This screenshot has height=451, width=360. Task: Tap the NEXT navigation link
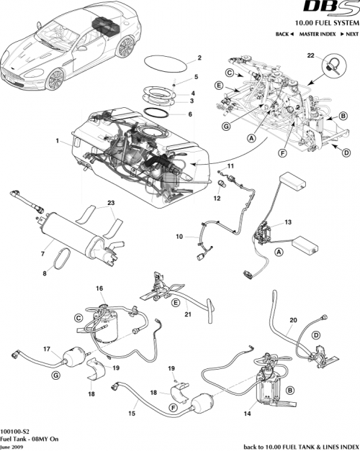(x=351, y=35)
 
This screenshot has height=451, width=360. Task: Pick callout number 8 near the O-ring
(x=48, y=273)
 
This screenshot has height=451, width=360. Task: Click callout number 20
(x=292, y=320)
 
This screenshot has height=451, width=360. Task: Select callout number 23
(x=110, y=203)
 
